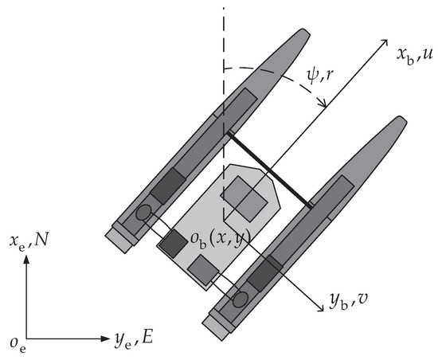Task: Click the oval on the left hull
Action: [143, 213]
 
